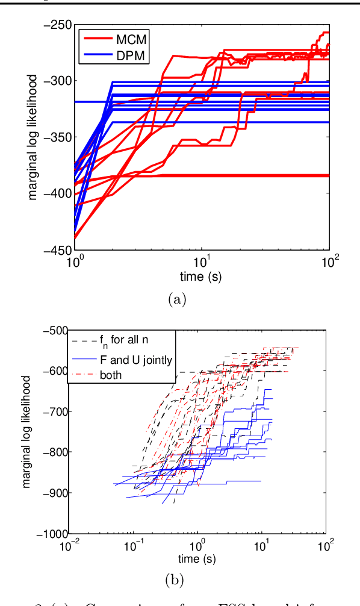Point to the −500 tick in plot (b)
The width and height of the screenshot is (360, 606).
(x=55, y=330)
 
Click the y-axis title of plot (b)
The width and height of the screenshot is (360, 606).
(x=29, y=432)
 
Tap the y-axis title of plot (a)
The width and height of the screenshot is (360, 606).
(x=34, y=137)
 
